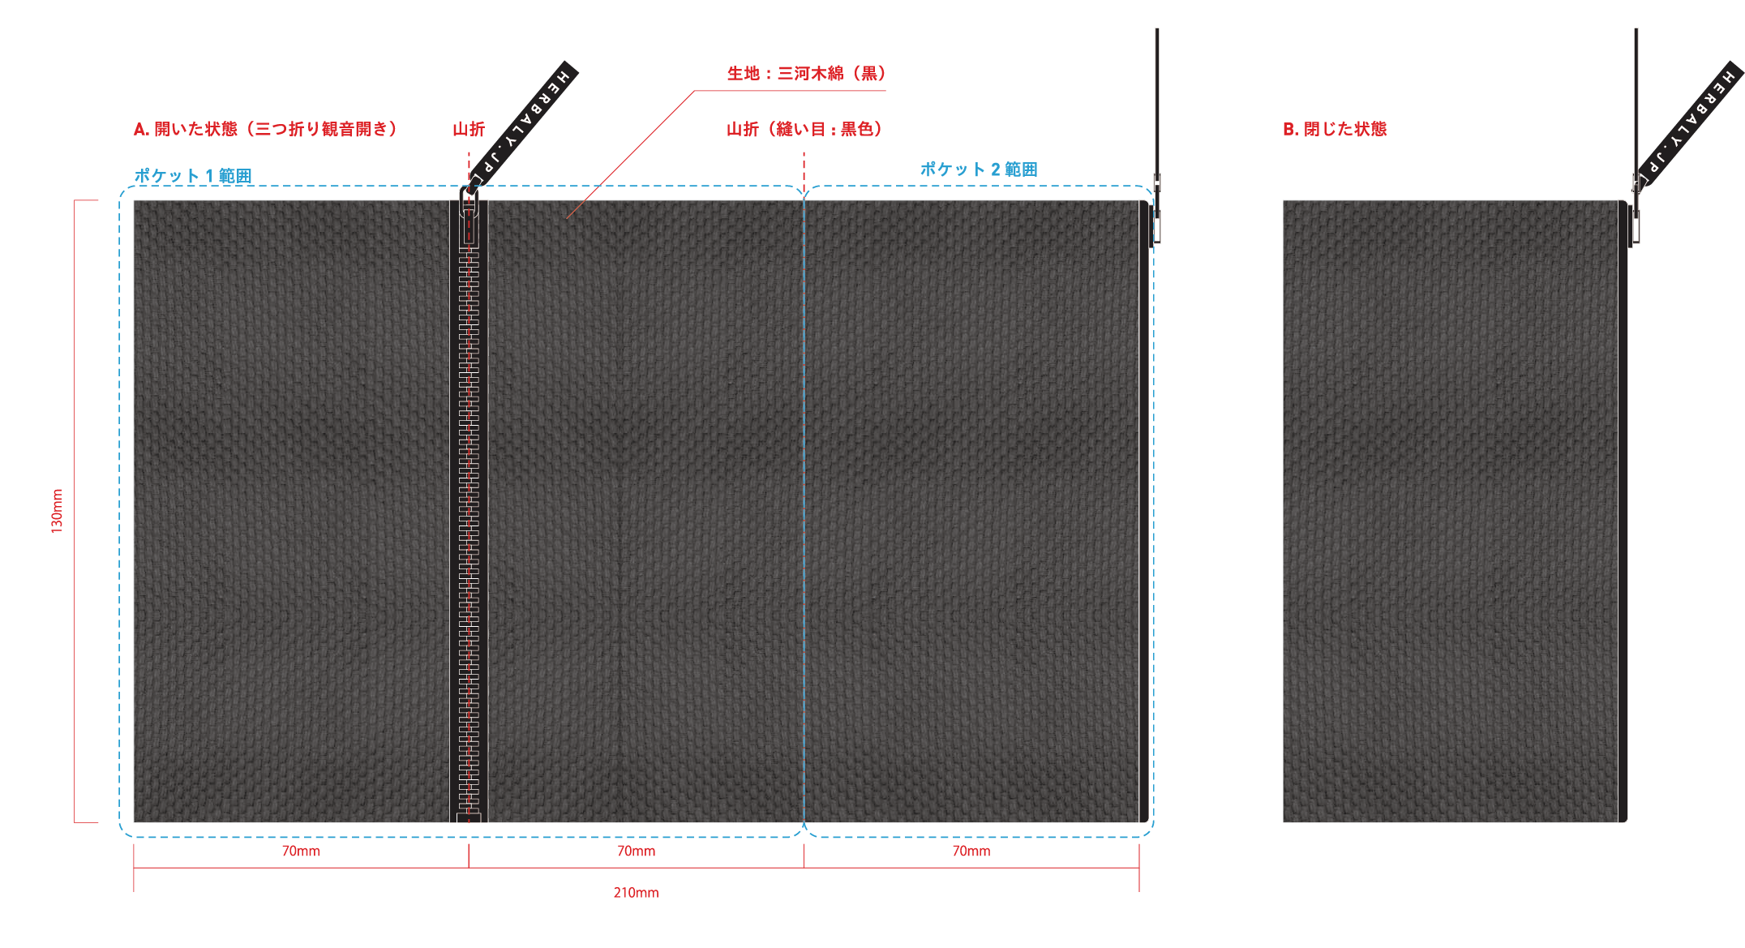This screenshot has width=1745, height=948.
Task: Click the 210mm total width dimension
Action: click(636, 893)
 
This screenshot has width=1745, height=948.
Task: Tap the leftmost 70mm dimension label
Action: click(301, 851)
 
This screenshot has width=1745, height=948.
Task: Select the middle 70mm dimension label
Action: click(636, 851)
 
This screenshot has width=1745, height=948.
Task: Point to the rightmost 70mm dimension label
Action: click(971, 851)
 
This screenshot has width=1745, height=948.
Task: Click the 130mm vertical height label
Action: click(57, 511)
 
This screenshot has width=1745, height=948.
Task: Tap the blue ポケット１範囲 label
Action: click(193, 175)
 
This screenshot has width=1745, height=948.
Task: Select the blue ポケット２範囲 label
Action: click(979, 169)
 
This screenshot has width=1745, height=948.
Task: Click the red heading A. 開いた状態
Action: click(265, 129)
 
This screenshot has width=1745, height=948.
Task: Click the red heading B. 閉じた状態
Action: click(1335, 129)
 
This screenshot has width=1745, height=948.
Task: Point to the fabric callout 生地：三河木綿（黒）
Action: click(806, 74)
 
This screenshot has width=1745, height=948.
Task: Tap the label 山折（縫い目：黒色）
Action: click(804, 129)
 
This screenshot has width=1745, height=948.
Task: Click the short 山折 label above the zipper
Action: click(468, 129)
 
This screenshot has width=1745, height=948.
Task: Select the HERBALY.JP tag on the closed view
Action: click(1690, 122)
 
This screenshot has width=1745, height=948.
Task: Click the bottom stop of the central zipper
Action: click(469, 817)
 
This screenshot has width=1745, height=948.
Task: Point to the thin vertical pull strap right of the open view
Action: click(1157, 97)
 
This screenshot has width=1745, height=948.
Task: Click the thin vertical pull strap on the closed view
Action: click(1636, 97)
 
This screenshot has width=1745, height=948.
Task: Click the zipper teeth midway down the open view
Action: click(469, 511)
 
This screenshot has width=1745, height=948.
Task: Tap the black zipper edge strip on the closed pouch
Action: click(1623, 511)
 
